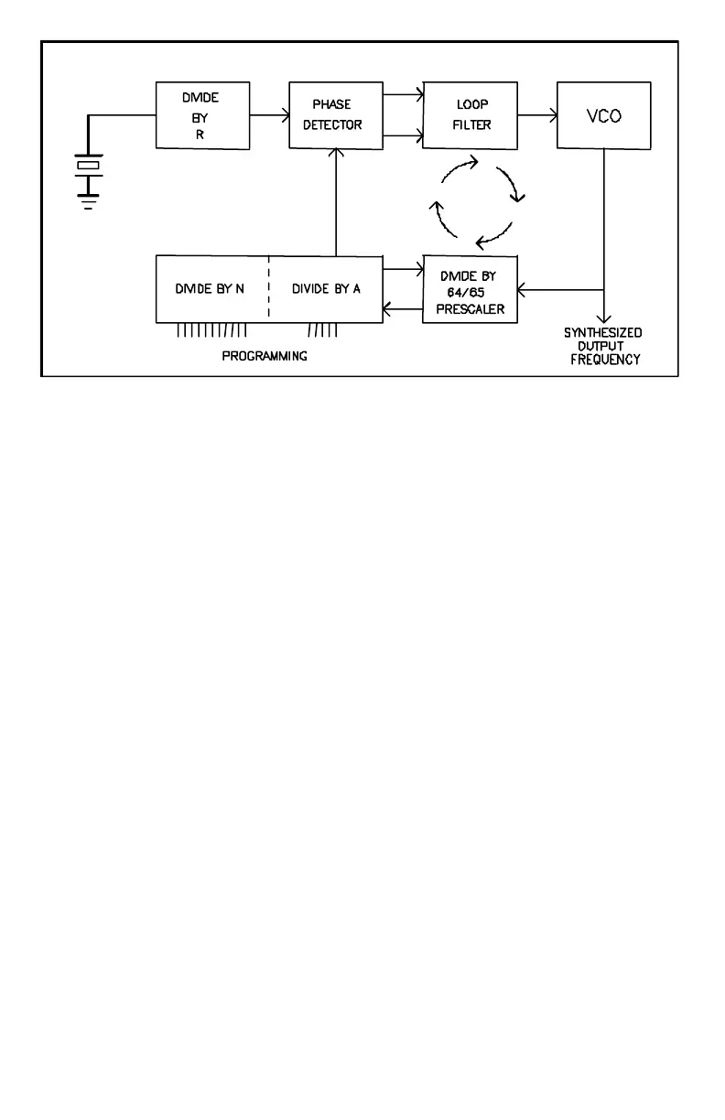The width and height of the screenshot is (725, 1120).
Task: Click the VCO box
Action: (x=603, y=115)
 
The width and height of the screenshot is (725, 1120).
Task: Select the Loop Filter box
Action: (x=471, y=115)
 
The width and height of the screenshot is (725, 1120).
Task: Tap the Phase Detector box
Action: (x=336, y=115)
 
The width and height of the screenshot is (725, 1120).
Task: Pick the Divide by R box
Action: (x=202, y=115)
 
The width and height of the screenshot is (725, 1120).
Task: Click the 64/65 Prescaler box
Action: (x=471, y=289)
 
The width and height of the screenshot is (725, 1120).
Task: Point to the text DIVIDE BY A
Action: (x=326, y=289)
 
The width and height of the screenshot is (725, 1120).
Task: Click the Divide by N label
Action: (x=210, y=289)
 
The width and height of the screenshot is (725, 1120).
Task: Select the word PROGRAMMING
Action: (x=265, y=356)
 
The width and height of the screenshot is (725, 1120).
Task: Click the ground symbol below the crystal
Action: (x=89, y=203)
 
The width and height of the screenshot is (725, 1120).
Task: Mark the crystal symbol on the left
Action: (x=89, y=166)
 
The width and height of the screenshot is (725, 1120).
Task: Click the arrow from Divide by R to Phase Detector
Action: (x=270, y=115)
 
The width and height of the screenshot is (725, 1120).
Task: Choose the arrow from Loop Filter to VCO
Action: (x=537, y=115)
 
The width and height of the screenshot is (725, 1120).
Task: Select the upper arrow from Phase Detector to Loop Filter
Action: (x=403, y=93)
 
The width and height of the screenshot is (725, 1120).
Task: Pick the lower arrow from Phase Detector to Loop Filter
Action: (x=403, y=137)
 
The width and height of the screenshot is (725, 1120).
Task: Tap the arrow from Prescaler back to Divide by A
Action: (x=403, y=309)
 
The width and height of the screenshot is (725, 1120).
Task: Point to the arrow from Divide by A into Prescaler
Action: (x=403, y=269)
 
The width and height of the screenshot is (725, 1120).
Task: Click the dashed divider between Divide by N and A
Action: (x=269, y=289)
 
